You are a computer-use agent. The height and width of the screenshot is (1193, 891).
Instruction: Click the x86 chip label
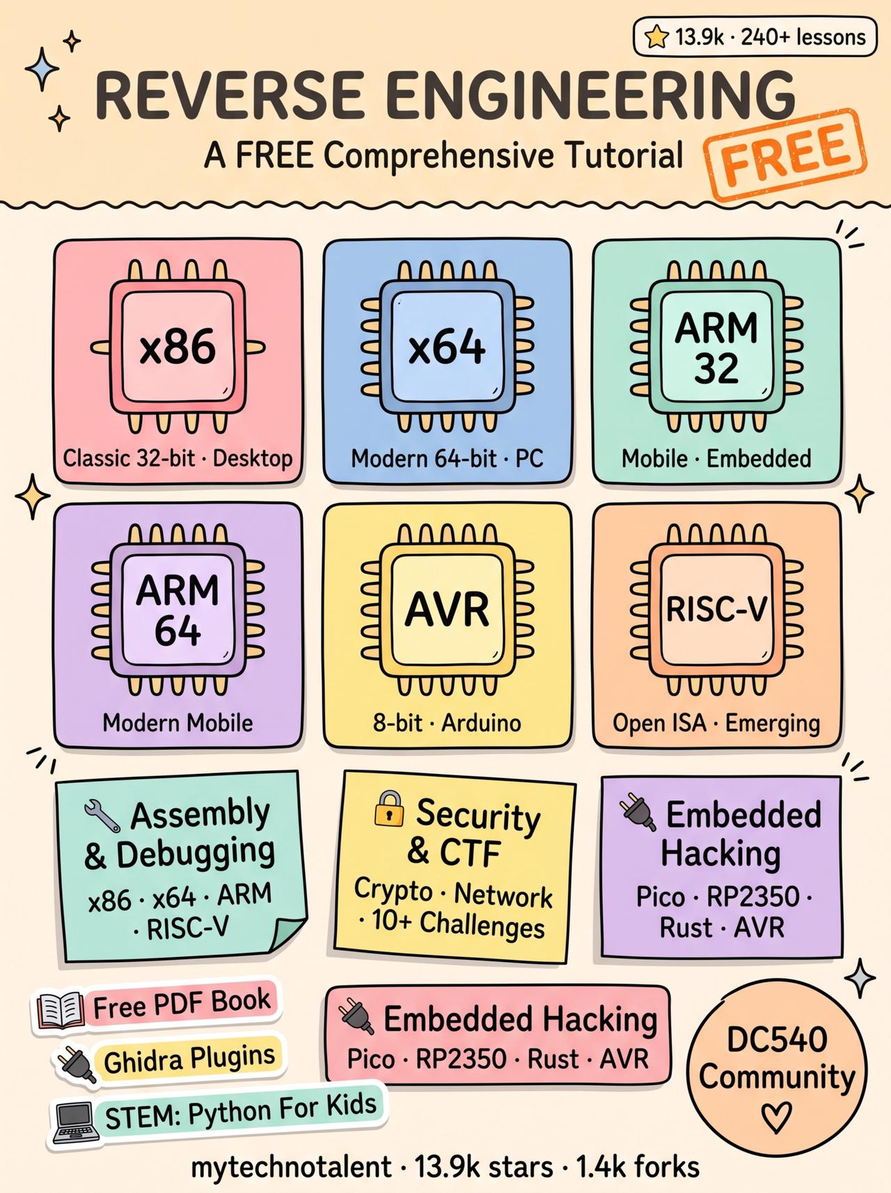click(178, 347)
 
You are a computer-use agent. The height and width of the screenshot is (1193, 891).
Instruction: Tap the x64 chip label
click(446, 347)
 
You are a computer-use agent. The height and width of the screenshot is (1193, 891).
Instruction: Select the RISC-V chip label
click(716, 610)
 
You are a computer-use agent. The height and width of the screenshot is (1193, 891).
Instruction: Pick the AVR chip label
click(447, 610)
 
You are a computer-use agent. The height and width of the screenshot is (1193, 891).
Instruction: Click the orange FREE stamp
click(785, 155)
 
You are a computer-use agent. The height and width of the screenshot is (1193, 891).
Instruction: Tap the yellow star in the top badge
click(656, 37)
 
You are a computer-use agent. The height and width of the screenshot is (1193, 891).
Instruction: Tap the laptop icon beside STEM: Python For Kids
click(74, 1122)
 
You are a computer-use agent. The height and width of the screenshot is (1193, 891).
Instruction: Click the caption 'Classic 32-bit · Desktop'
click(178, 459)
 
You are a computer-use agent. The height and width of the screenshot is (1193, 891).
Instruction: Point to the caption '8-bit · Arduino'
click(447, 723)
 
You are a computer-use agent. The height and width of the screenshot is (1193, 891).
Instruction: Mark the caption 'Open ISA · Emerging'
click(716, 724)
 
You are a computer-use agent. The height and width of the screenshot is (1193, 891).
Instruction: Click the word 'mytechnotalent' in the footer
click(291, 1167)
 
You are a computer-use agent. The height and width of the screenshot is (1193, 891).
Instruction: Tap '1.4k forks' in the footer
click(638, 1167)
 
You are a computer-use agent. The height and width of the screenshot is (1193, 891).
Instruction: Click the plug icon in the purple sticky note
click(638, 812)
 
